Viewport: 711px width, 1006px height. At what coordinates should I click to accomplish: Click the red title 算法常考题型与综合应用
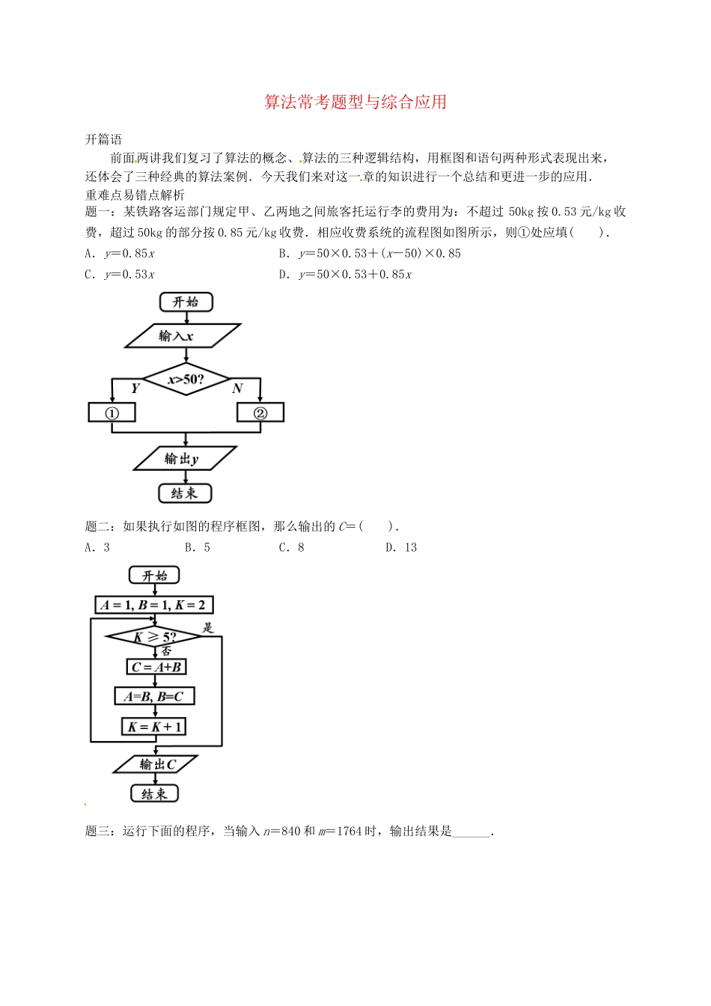pyautogui.click(x=355, y=102)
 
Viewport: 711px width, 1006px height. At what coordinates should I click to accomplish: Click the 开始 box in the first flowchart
pyautogui.click(x=186, y=302)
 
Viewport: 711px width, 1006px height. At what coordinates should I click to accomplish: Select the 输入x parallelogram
pyautogui.click(x=182, y=336)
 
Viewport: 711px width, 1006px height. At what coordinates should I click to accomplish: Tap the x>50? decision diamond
pyautogui.click(x=186, y=379)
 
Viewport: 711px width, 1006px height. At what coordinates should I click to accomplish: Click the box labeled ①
pyautogui.click(x=112, y=412)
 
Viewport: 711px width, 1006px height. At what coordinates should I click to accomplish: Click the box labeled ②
pyautogui.click(x=260, y=412)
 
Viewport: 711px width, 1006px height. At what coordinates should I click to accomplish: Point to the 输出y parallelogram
pyautogui.click(x=184, y=459)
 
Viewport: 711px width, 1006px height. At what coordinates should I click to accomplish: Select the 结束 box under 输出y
pyautogui.click(x=185, y=493)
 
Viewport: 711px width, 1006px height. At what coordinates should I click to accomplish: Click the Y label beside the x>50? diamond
pyautogui.click(x=135, y=388)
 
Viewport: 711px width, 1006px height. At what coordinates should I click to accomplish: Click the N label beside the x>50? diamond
pyautogui.click(x=237, y=388)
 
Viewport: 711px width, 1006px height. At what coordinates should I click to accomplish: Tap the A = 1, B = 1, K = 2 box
pyautogui.click(x=154, y=605)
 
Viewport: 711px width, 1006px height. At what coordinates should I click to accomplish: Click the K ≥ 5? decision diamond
pyautogui.click(x=154, y=637)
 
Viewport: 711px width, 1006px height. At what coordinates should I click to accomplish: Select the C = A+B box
pyautogui.click(x=156, y=667)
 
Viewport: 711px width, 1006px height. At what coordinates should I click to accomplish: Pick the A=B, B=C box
pyautogui.click(x=154, y=696)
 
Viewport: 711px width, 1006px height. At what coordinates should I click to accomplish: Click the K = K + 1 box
pyautogui.click(x=153, y=727)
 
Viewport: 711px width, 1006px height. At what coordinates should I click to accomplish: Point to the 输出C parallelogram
pyautogui.click(x=156, y=764)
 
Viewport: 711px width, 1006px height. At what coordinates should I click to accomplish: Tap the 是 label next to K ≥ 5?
pyautogui.click(x=208, y=627)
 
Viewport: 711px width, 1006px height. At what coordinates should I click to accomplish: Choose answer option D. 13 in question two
pyautogui.click(x=401, y=547)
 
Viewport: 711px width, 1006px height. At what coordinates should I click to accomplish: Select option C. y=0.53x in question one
pyautogui.click(x=120, y=274)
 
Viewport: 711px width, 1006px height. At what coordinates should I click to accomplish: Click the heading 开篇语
pyautogui.click(x=103, y=139)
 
